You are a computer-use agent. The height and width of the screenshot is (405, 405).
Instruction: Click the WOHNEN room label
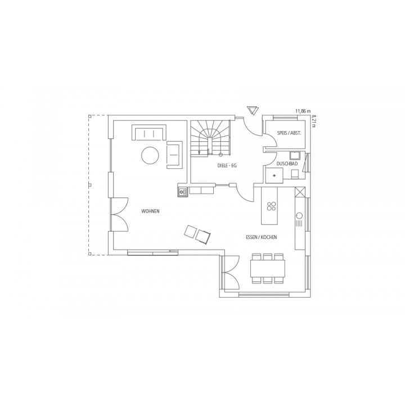pyautogui.click(x=150, y=211)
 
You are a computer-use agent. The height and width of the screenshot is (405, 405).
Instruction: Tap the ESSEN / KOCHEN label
pyautogui.click(x=262, y=237)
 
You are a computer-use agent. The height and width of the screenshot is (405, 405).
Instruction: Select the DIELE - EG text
pyautogui.click(x=227, y=166)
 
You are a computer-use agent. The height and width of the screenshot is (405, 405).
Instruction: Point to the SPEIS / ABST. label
pyautogui.click(x=289, y=133)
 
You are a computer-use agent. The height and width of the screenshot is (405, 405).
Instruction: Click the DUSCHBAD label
pyautogui.click(x=287, y=164)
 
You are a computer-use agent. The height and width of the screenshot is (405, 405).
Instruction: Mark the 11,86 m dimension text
pyautogui.click(x=303, y=111)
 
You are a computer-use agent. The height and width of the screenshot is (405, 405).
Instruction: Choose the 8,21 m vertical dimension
pyautogui.click(x=314, y=121)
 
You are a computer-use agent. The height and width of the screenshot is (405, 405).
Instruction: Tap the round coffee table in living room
pyautogui.click(x=150, y=155)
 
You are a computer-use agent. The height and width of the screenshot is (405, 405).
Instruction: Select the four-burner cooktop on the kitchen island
pyautogui.click(x=271, y=206)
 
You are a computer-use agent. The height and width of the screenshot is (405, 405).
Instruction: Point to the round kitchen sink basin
pyautogui.click(x=300, y=215)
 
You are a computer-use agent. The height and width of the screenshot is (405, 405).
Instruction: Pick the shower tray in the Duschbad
pyautogui.click(x=274, y=175)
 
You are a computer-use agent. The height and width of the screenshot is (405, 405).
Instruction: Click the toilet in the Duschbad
pyautogui.click(x=295, y=174)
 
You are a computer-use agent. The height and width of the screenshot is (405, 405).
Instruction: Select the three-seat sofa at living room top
pyautogui.click(x=149, y=133)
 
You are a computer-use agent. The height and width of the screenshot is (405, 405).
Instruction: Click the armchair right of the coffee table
pyautogui.click(x=174, y=155)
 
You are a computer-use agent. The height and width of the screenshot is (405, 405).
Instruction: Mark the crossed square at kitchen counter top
pyautogui.click(x=300, y=192)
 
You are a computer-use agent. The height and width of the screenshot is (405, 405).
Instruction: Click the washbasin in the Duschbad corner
pyautogui.click(x=294, y=155)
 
